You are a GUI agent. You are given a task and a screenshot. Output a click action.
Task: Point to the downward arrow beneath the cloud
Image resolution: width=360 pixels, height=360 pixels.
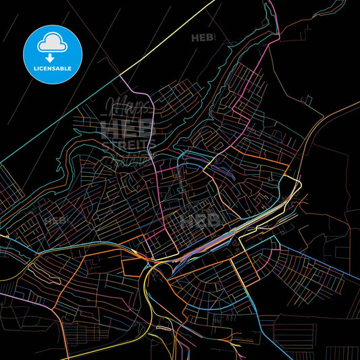(x=51, y=57)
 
